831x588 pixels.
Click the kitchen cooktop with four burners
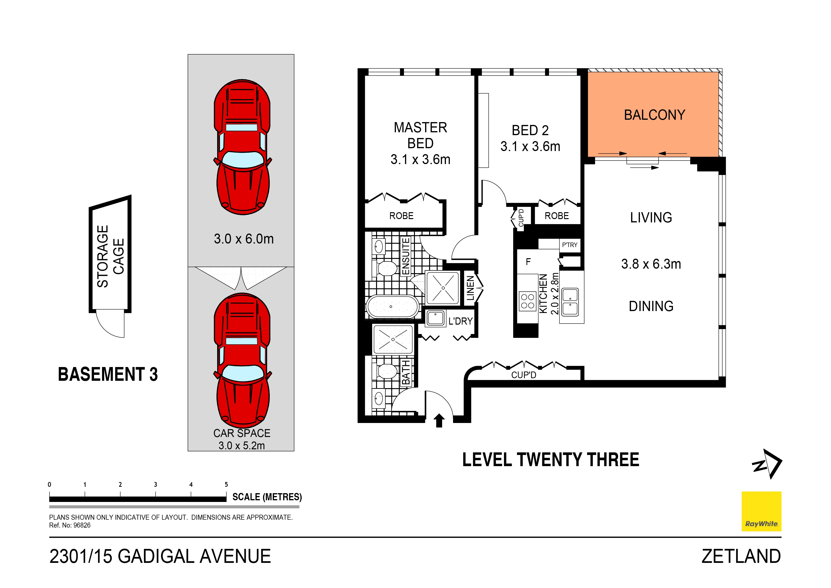527,301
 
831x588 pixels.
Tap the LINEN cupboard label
470,288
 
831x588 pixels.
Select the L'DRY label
460,321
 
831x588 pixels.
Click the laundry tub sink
436,318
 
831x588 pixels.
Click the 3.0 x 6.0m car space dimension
244,239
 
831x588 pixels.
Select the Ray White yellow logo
761,511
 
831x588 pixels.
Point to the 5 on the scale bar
226,484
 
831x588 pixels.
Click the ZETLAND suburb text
741,556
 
